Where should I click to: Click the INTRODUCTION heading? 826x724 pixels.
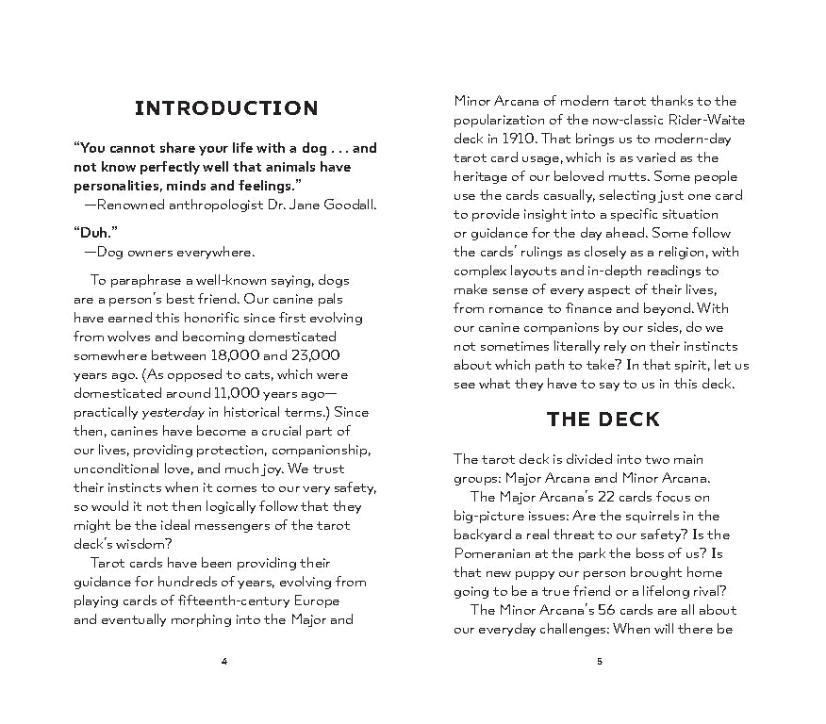coord(226,108)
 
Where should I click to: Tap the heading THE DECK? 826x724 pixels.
coord(603,419)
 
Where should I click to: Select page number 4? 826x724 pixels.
coord(224,661)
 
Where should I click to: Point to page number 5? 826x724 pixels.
coord(600,661)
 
